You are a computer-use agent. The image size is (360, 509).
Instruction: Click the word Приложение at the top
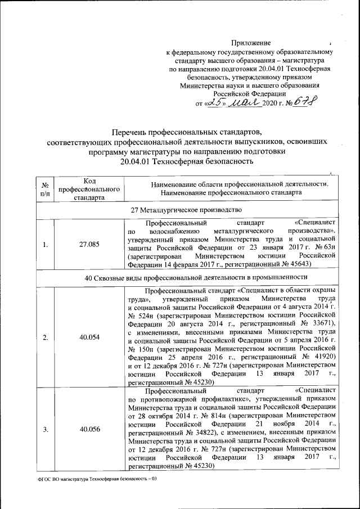coord(251,43)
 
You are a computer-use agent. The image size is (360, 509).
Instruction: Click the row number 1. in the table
coord(44,245)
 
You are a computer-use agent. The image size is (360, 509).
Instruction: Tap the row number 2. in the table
coord(44,337)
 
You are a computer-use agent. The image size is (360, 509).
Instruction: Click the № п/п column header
coord(44,189)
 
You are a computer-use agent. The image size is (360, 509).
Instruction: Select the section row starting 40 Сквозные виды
coord(186,280)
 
